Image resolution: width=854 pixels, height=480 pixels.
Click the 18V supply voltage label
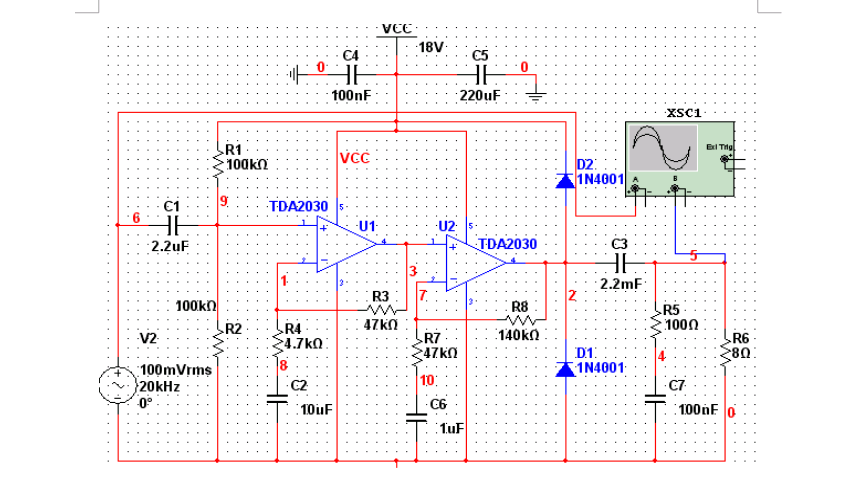(432, 47)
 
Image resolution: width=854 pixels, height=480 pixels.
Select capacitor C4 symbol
(350, 73)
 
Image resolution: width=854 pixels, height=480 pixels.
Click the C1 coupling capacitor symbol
(174, 225)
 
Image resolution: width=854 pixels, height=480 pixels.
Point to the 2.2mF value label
(617, 284)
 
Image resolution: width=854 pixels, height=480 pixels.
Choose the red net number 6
(136, 217)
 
